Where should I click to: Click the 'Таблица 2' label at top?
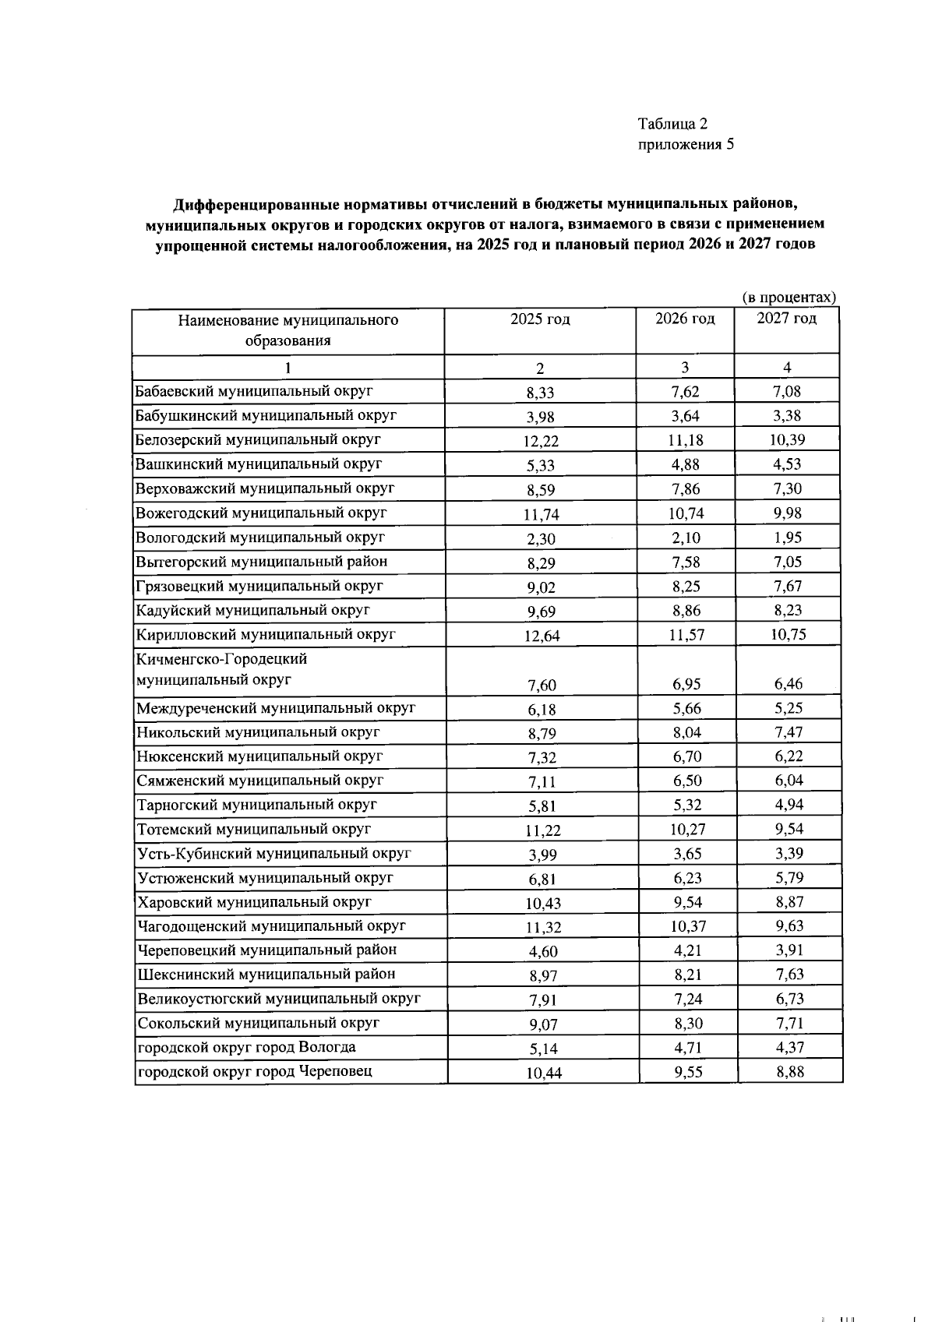[672, 124]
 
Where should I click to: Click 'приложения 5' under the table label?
[686, 144]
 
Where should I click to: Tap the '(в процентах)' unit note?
[789, 298]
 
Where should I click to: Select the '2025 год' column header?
[540, 319]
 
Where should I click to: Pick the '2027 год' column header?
[787, 319]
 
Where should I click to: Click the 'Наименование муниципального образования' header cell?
[288, 330]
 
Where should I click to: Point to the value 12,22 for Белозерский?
[541, 441]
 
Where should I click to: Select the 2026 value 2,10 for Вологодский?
[686, 538]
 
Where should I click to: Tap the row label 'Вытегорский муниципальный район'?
[261, 562]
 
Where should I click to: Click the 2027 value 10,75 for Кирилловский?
[788, 634]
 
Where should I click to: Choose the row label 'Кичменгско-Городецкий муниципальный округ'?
[221, 669]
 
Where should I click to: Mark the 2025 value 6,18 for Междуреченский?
[542, 710]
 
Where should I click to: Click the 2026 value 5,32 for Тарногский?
[686, 805]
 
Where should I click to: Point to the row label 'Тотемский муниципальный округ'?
[253, 829]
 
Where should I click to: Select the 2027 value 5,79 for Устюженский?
[789, 877]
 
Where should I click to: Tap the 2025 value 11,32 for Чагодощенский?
[542, 927]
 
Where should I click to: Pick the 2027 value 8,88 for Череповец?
[790, 1071]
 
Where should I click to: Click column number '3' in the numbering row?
[686, 368]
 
